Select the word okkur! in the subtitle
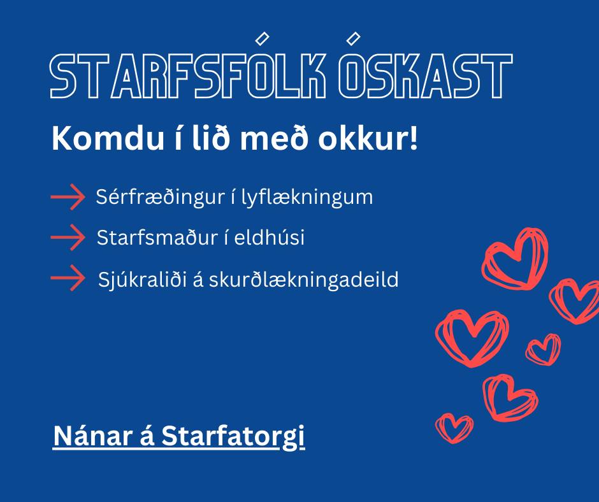click(x=368, y=138)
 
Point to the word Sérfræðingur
click(x=160, y=197)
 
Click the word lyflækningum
click(x=307, y=197)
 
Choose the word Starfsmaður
click(x=157, y=238)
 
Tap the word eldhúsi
click(x=270, y=238)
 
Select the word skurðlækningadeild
click(x=304, y=280)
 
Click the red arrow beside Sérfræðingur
click(x=68, y=197)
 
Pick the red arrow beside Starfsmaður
click(x=68, y=237)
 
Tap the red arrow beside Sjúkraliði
click(x=68, y=278)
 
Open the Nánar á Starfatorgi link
click(x=179, y=436)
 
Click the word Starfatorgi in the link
click(x=233, y=436)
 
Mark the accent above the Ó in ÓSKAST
click(x=353, y=38)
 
